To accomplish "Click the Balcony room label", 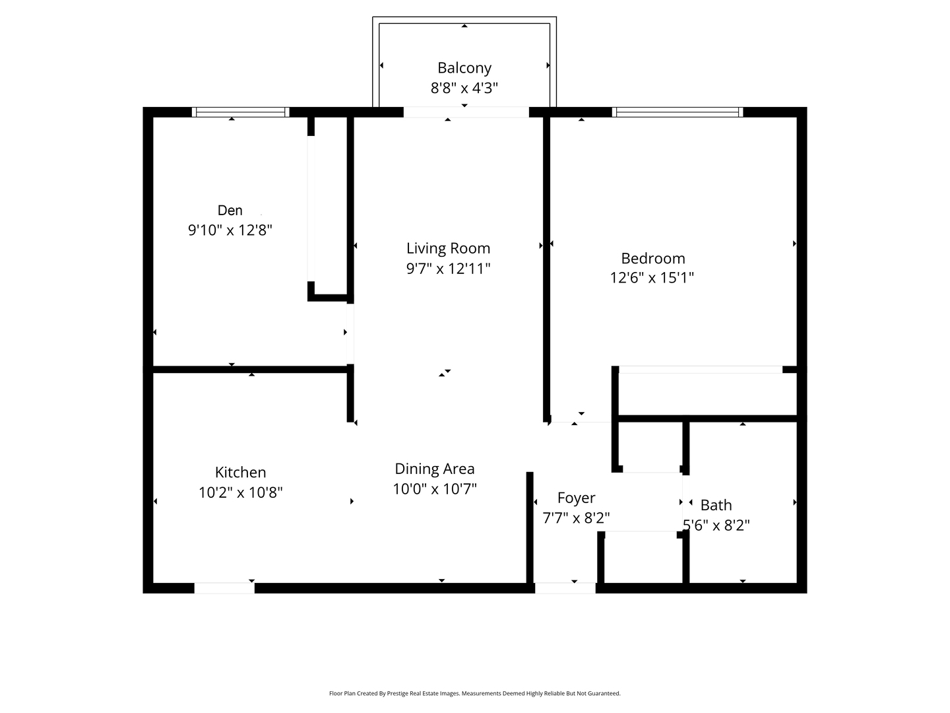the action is pyautogui.click(x=464, y=68).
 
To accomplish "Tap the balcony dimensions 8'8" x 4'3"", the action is pyautogui.click(x=464, y=88).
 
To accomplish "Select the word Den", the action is pyautogui.click(x=230, y=211).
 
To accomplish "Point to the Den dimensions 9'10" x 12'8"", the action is pyautogui.click(x=230, y=230).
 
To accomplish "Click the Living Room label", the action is pyautogui.click(x=448, y=248).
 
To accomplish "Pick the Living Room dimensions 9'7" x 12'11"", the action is pyautogui.click(x=448, y=269).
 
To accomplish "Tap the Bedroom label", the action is pyautogui.click(x=653, y=258).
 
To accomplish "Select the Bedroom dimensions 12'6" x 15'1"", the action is pyautogui.click(x=652, y=277).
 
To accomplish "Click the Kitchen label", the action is pyautogui.click(x=240, y=472).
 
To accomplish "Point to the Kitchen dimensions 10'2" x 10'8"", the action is pyautogui.click(x=240, y=492).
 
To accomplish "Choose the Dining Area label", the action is pyautogui.click(x=435, y=469).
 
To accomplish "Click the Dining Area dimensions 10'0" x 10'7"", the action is pyautogui.click(x=435, y=489).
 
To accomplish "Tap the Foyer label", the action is pyautogui.click(x=576, y=498).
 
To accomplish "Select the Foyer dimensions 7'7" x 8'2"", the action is pyautogui.click(x=576, y=518).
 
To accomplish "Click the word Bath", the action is pyautogui.click(x=716, y=505).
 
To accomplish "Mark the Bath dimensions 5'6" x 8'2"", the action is pyautogui.click(x=716, y=525).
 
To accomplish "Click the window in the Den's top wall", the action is pyautogui.click(x=241, y=112).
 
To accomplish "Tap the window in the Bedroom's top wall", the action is pyautogui.click(x=678, y=112).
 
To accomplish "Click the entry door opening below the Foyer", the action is pyautogui.click(x=565, y=588).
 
